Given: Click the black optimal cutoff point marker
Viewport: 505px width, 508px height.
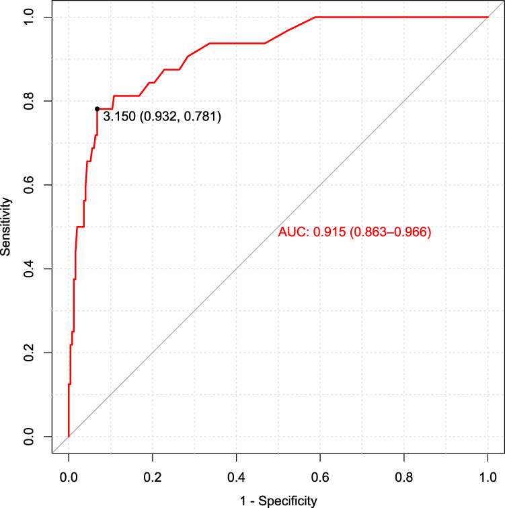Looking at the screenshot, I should tap(98, 108).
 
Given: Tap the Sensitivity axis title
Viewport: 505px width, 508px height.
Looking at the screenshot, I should tap(7, 226).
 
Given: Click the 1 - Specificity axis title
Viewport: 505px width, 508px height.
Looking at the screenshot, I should tap(278, 500).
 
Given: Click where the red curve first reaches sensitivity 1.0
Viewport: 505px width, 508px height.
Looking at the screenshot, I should tap(315, 17).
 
